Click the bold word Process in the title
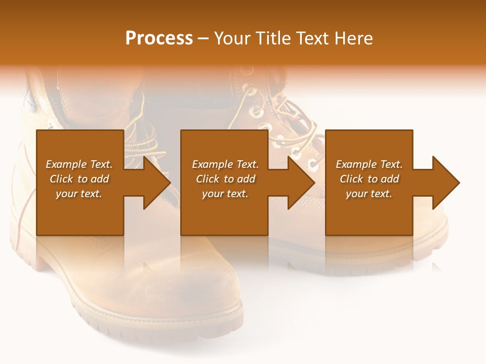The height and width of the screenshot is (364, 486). (159, 38)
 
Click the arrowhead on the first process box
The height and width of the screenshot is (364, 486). (156, 183)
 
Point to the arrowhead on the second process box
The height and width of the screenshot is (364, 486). (301, 183)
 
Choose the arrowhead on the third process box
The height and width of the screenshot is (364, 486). (445, 183)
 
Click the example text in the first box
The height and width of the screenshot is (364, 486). (79, 179)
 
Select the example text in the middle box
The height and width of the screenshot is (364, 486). (225, 179)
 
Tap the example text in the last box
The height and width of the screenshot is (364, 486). (369, 179)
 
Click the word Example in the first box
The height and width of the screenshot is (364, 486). (66, 164)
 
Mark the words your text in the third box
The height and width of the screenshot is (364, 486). (369, 194)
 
